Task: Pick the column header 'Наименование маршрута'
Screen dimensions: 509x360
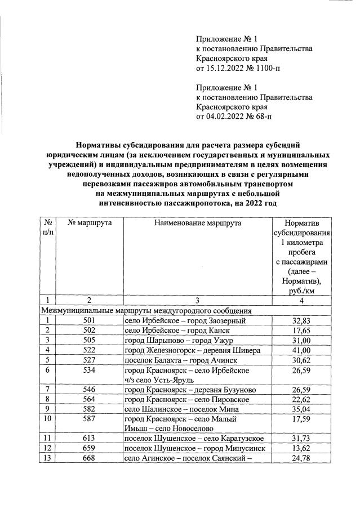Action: click(197, 223)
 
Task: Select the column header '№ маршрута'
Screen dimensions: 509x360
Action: click(89, 223)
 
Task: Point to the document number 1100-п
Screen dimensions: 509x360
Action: click(267, 69)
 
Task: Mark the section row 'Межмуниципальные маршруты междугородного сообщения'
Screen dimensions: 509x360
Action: click(146, 311)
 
